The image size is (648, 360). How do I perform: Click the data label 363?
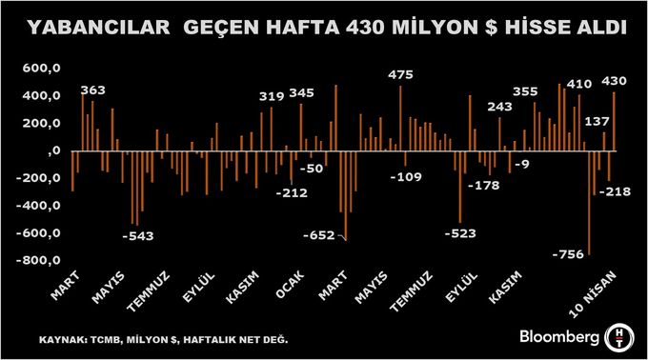point(93,90)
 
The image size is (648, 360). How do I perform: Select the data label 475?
point(401,75)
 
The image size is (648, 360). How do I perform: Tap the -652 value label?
point(318,235)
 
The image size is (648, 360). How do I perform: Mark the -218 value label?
point(616,191)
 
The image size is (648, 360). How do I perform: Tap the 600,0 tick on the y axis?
point(42,69)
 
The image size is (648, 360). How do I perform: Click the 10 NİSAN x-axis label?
point(599,290)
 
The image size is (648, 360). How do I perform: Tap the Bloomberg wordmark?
point(558,336)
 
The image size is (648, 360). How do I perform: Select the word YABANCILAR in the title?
point(94,30)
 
